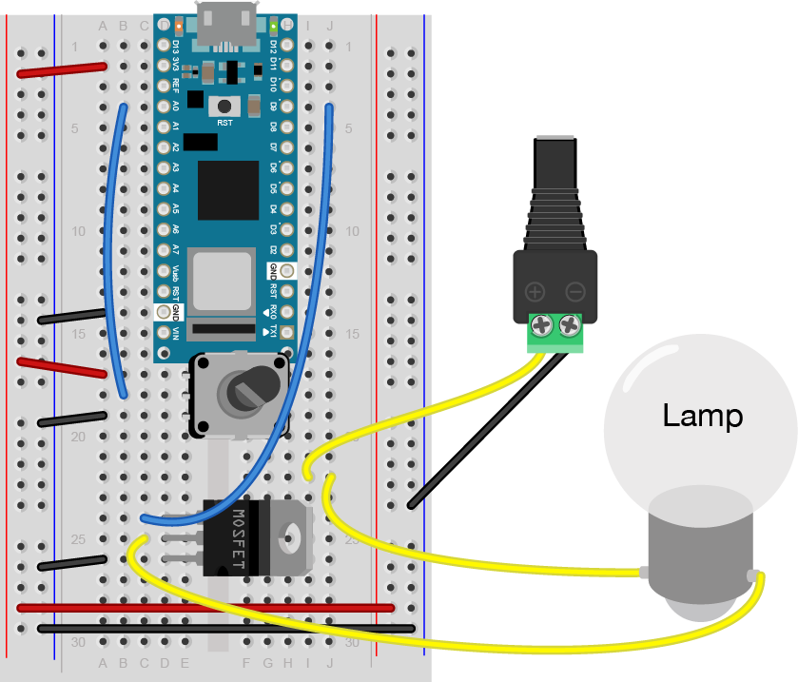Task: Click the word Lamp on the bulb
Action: click(x=703, y=416)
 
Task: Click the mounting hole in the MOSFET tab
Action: click(x=293, y=538)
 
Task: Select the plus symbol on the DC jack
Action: click(x=535, y=292)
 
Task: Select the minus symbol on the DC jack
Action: click(x=574, y=292)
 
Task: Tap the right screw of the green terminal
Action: click(x=570, y=325)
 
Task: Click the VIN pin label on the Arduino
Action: click(x=176, y=332)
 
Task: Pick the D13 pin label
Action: click(x=176, y=45)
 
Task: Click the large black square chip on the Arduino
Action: click(x=228, y=190)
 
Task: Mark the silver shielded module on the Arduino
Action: click(x=221, y=280)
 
